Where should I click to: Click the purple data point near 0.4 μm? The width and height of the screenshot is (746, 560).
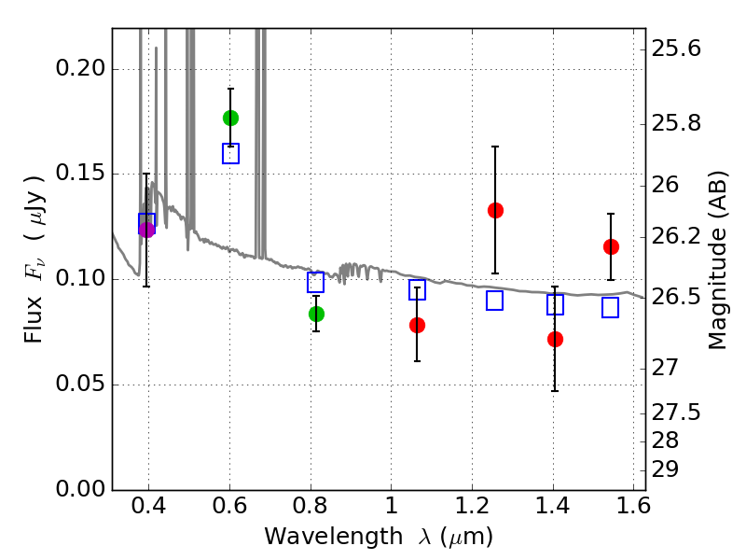point(146,230)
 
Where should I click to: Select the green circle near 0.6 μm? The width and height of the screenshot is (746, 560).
point(230,118)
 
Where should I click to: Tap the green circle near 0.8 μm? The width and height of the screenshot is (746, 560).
point(316,314)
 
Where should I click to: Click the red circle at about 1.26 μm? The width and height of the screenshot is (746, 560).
point(495,210)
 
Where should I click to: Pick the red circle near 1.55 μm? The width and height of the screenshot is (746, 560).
point(611,246)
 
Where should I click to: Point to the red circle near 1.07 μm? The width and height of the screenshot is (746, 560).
point(417,325)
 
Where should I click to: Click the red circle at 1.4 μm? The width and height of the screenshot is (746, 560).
point(555,339)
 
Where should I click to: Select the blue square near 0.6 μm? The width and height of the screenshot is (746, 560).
point(230,154)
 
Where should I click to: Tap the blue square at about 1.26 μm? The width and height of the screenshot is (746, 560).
point(495,301)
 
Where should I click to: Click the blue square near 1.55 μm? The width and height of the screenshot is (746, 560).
point(611,308)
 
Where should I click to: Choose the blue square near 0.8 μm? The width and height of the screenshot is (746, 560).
point(316,283)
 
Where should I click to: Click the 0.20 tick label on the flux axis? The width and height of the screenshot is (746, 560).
point(82,69)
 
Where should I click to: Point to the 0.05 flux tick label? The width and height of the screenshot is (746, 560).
point(82,385)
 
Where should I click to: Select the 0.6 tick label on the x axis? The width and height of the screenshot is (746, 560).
point(229,509)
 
